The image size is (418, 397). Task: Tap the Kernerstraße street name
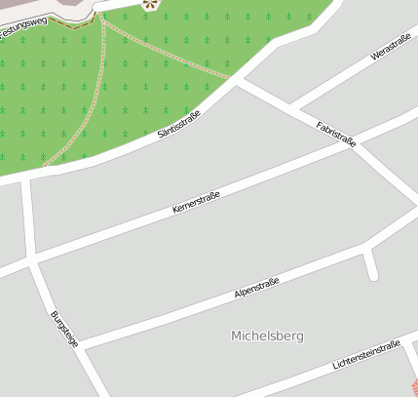click(196, 203)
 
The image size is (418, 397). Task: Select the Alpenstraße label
click(256, 289)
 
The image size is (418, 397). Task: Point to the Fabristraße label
click(336, 134)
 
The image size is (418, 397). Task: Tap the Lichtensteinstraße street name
click(365, 356)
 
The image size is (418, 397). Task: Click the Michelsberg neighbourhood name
click(267, 336)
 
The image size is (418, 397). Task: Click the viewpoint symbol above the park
click(149, 4)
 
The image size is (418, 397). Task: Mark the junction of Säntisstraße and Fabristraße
click(235, 81)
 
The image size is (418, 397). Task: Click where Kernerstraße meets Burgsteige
click(34, 261)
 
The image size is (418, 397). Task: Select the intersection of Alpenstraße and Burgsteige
click(80, 345)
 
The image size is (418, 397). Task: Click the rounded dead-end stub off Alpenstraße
click(371, 274)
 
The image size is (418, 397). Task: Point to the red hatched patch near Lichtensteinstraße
click(413, 388)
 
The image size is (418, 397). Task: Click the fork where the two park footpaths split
click(102, 20)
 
